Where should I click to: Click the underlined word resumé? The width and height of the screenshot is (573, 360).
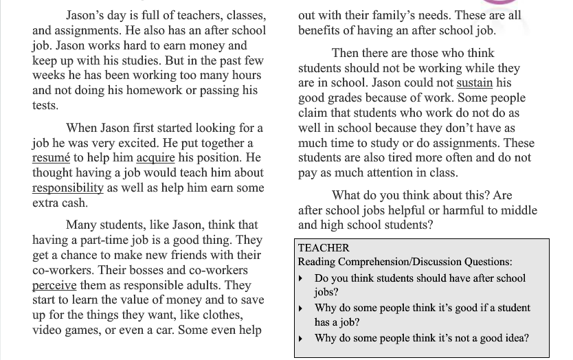[51, 158]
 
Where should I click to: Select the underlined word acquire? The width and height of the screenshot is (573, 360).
[155, 158]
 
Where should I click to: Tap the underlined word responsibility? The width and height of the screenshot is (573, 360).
[68, 188]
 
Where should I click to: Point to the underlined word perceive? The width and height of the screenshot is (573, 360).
[54, 284]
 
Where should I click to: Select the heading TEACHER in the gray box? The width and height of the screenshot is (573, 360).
[324, 248]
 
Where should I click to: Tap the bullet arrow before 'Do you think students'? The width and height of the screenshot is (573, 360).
[301, 279]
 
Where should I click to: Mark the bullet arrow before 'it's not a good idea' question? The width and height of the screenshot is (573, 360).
[301, 339]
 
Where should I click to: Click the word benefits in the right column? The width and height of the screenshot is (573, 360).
[319, 30]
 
